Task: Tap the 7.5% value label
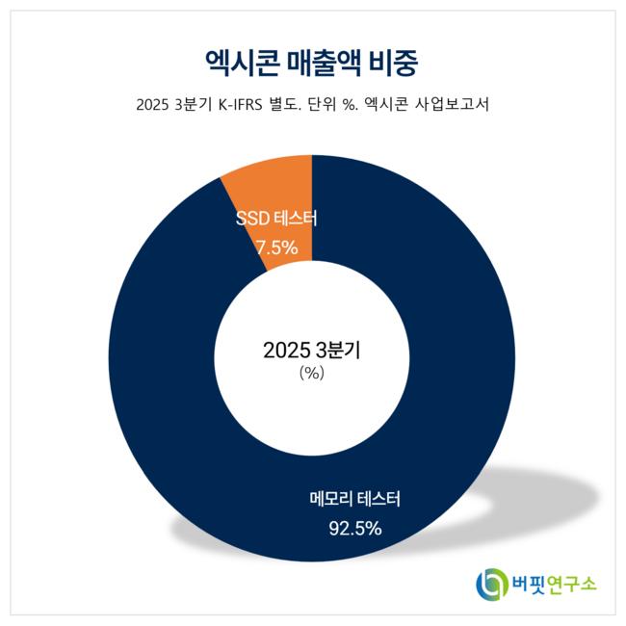276,248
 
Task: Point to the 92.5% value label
357,528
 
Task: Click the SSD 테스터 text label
276,220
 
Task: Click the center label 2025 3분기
311,351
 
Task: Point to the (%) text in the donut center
311,373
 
